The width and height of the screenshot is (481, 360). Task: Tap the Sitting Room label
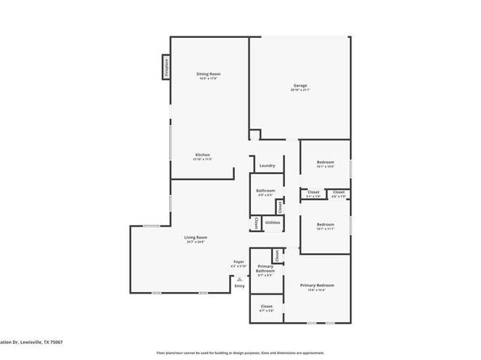pyautogui.click(x=208, y=74)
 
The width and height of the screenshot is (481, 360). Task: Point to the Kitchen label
pyautogui.click(x=202, y=155)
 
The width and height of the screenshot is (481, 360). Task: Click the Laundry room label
pyautogui.click(x=267, y=166)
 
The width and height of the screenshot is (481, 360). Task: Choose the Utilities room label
pyautogui.click(x=273, y=222)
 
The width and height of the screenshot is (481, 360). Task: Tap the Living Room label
pyautogui.click(x=194, y=236)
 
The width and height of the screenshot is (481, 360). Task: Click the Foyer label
pyautogui.click(x=239, y=261)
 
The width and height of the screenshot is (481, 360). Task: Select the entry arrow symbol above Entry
pyautogui.click(x=239, y=278)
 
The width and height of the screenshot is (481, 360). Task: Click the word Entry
pyautogui.click(x=239, y=286)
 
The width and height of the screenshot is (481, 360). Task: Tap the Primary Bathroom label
pyautogui.click(x=265, y=269)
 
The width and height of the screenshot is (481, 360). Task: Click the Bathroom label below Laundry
pyautogui.click(x=266, y=190)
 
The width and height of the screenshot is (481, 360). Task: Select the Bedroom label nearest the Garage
pyautogui.click(x=325, y=163)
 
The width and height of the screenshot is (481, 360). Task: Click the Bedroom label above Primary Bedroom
pyautogui.click(x=325, y=224)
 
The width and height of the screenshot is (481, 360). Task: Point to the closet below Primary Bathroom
pyautogui.click(x=266, y=307)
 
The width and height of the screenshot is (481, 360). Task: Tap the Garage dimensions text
pyautogui.click(x=300, y=91)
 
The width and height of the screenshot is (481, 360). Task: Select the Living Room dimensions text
pyautogui.click(x=194, y=242)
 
